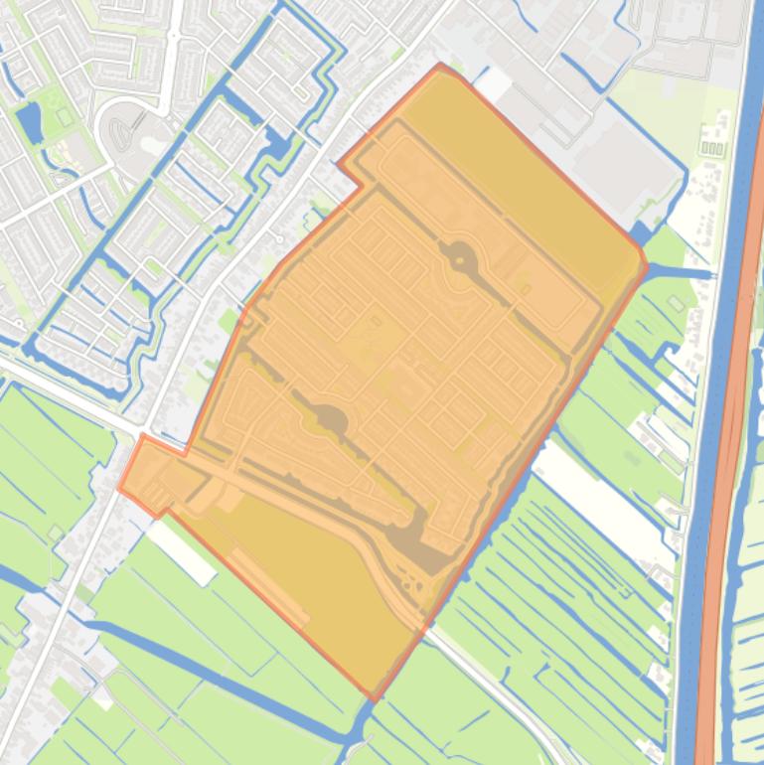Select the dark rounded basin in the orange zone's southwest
[331, 420]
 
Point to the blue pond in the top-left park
[29, 121]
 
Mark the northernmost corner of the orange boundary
[441, 66]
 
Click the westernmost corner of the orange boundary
[120, 488]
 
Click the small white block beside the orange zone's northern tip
[494, 85]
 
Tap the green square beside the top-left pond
[65, 116]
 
